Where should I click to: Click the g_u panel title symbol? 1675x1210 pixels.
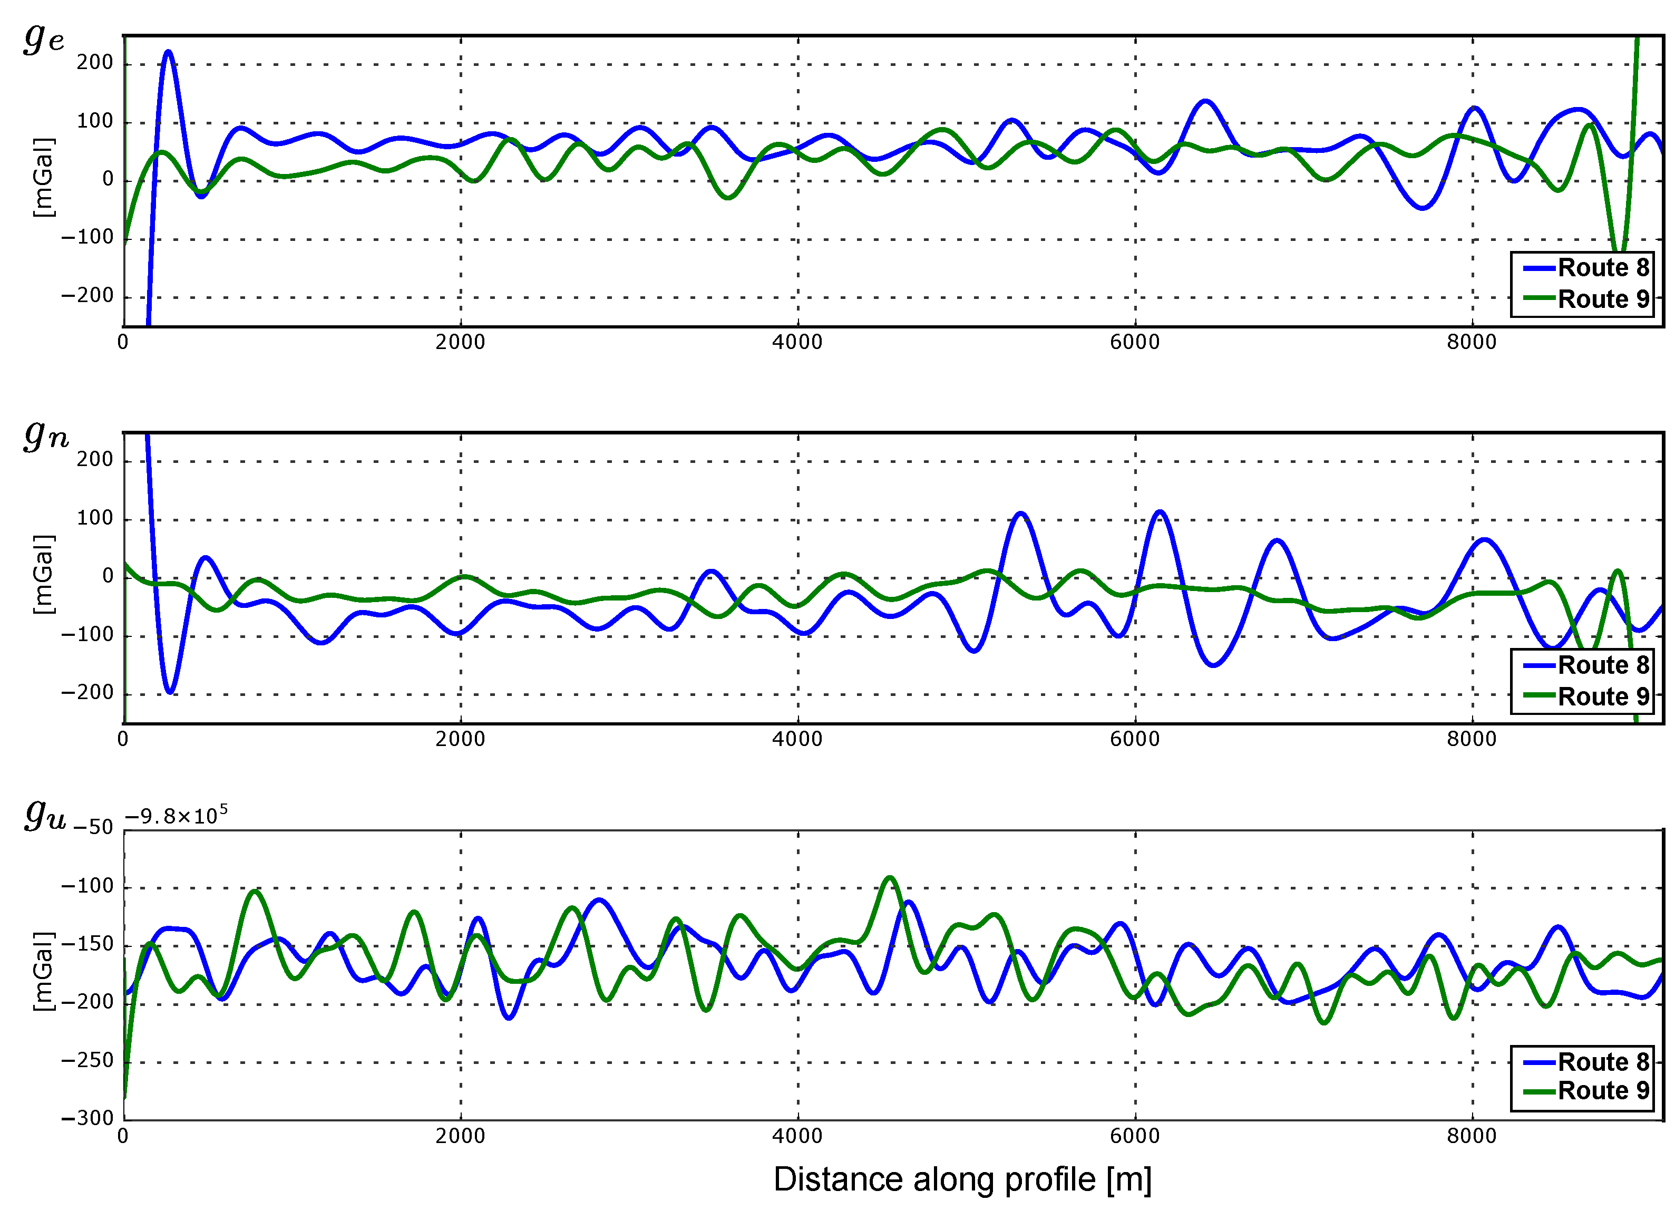tap(44, 814)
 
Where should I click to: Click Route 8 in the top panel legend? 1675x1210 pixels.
tap(1603, 267)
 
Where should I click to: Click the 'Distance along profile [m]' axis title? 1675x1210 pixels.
tap(961, 1180)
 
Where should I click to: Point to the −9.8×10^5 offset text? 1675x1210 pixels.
tap(176, 816)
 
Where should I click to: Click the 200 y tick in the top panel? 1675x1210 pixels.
tap(94, 63)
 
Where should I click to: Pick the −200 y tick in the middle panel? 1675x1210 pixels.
tap(87, 693)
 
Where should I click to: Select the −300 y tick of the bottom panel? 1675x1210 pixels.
tap(87, 1118)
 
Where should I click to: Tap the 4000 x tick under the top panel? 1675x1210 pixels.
tap(797, 342)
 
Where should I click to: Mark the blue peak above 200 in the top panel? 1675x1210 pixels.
tap(168, 52)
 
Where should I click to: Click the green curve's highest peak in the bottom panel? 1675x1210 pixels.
tap(890, 878)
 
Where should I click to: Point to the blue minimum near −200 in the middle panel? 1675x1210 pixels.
tap(170, 691)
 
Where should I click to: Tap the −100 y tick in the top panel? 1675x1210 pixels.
tap(87, 238)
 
